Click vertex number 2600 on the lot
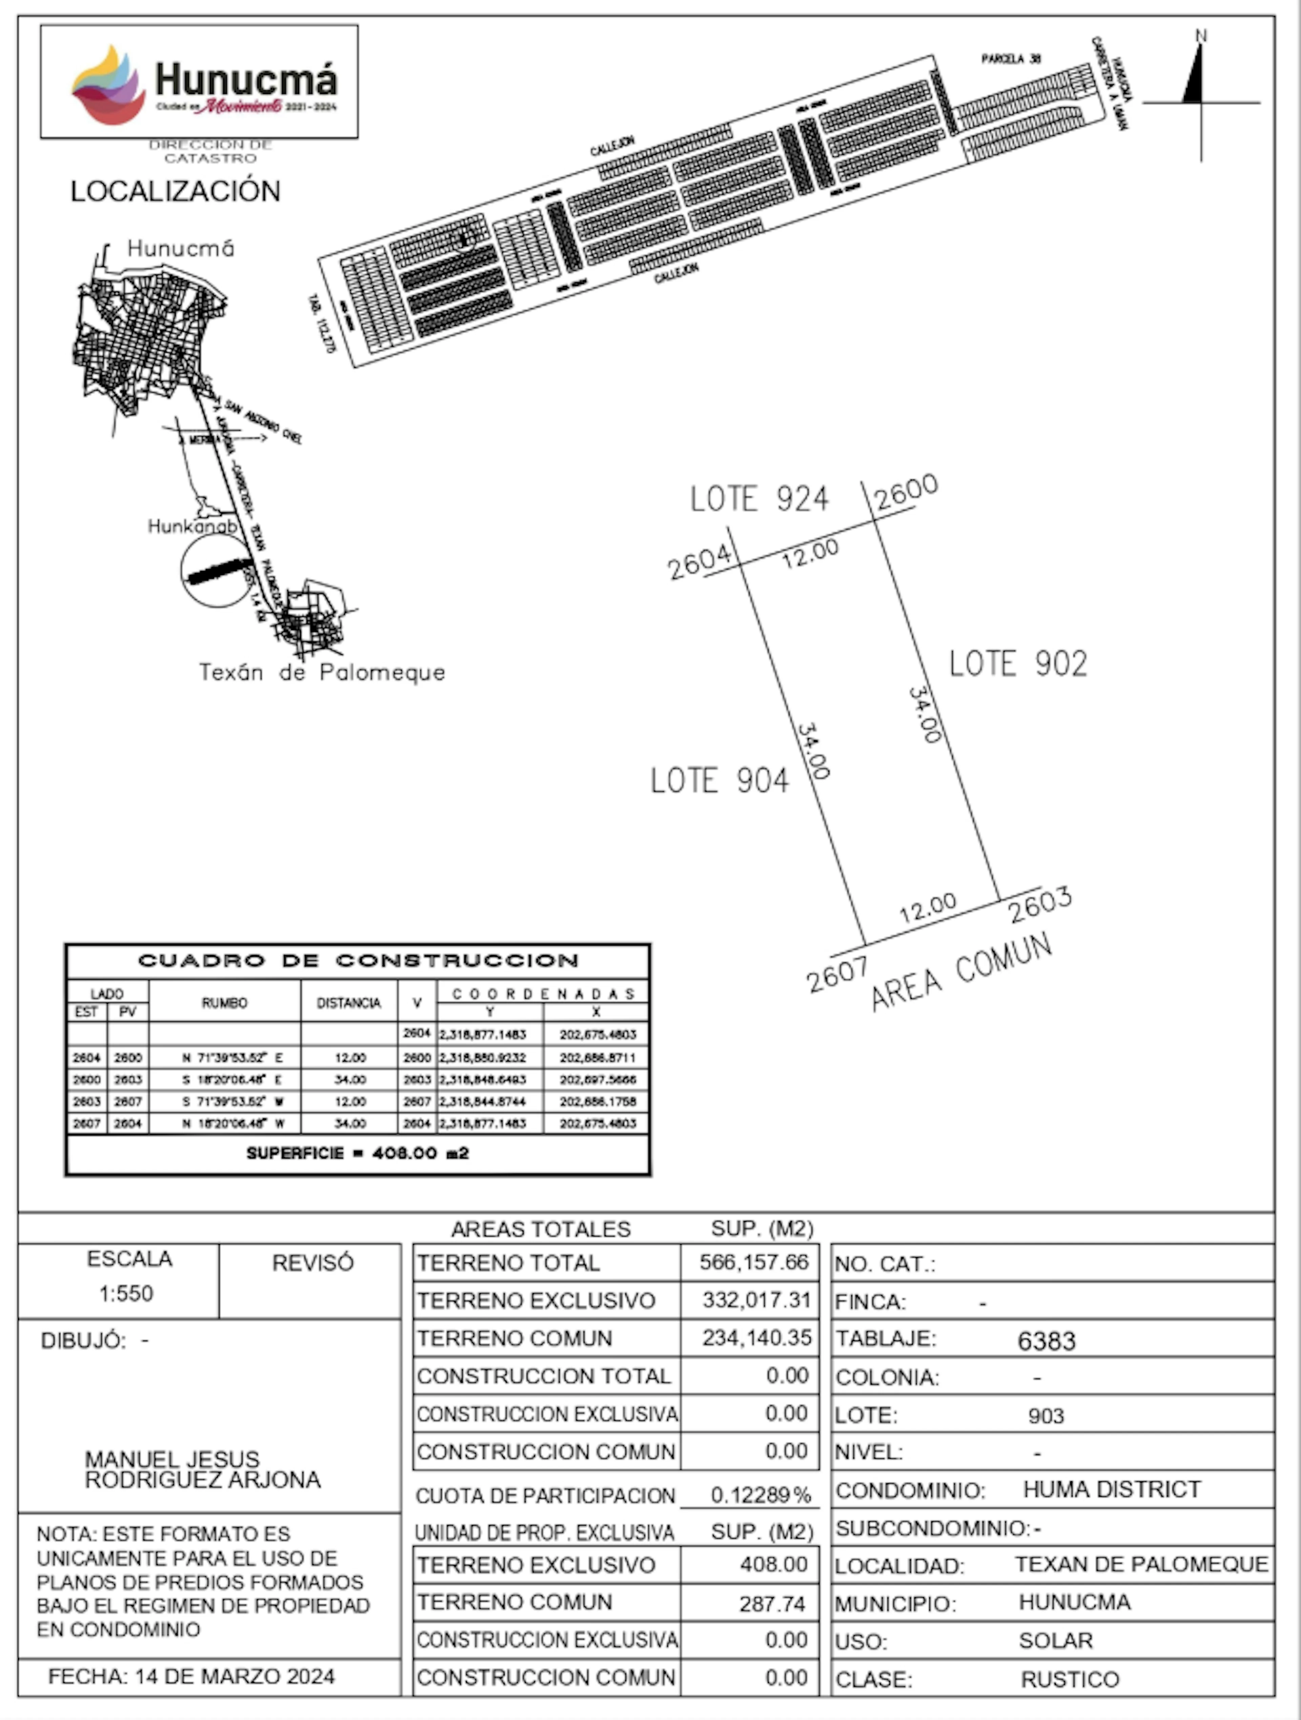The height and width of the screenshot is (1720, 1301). click(x=906, y=492)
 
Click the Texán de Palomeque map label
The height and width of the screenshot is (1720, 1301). click(x=322, y=672)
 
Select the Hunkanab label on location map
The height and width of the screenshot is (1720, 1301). click(x=192, y=527)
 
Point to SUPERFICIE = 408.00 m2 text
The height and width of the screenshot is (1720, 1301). click(x=357, y=1153)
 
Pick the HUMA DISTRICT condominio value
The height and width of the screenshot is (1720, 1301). click(x=1111, y=1489)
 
